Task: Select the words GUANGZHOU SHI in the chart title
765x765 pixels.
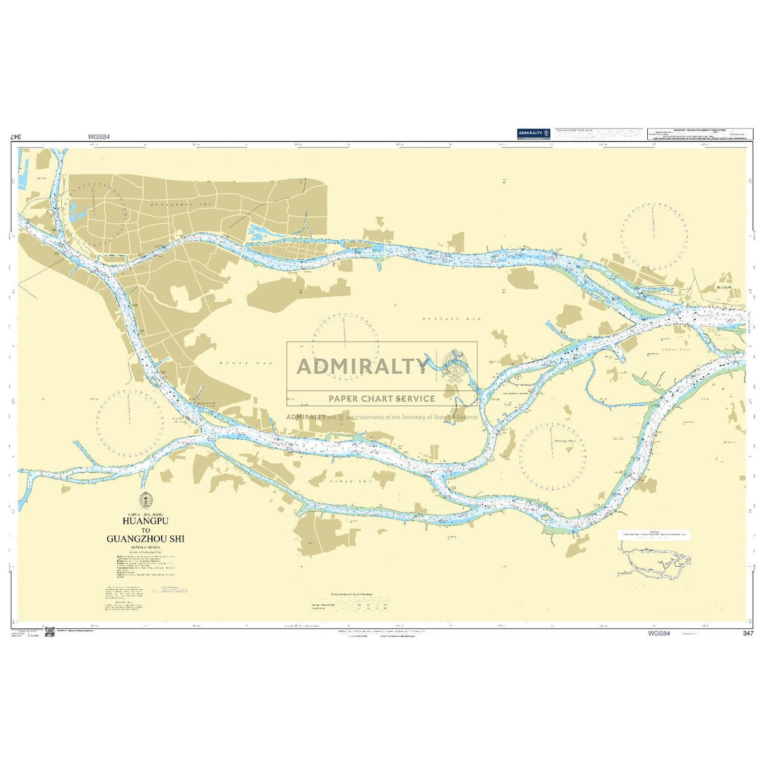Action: (x=146, y=539)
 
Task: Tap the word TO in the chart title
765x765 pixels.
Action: (x=146, y=530)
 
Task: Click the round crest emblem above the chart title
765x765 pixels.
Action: (x=146, y=498)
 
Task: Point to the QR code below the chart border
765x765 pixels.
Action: (x=50, y=633)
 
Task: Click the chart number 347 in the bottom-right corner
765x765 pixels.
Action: (x=748, y=633)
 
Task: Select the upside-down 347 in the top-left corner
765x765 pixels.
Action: (x=17, y=136)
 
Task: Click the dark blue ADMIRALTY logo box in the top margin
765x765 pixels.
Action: (x=534, y=133)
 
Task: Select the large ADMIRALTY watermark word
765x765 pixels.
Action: (x=362, y=366)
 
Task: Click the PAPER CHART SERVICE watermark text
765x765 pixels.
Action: (x=381, y=398)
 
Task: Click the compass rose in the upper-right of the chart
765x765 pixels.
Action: (x=653, y=237)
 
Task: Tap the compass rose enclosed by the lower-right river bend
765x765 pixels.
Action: (x=553, y=456)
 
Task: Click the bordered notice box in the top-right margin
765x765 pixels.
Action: (x=699, y=134)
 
